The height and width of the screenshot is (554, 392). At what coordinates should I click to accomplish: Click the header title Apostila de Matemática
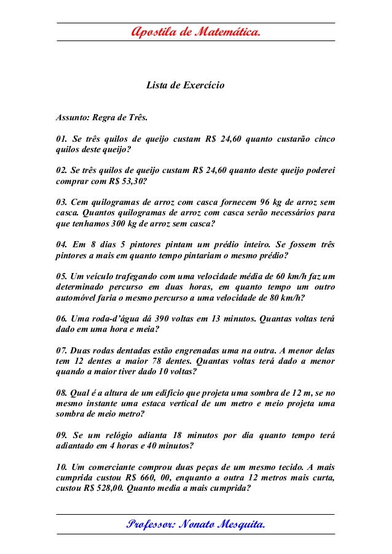(x=196, y=31)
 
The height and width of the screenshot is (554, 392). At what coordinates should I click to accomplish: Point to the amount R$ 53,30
(x=127, y=182)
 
